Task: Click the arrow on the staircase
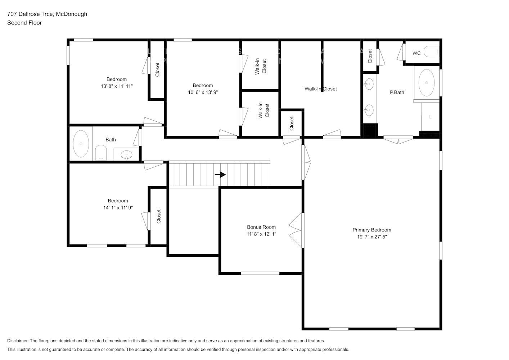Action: click(220, 175)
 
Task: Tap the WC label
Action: click(416, 53)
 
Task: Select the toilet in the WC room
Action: click(431, 51)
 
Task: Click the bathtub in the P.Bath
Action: click(427, 83)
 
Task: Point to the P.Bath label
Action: click(397, 93)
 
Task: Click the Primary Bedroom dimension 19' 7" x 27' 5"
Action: click(371, 237)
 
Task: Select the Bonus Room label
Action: click(261, 227)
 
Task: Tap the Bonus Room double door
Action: click(297, 230)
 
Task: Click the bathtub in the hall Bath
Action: click(81, 144)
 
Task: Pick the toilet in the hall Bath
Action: click(101, 153)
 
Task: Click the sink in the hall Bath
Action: click(126, 155)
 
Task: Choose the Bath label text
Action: click(111, 140)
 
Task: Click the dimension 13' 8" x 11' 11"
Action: click(117, 86)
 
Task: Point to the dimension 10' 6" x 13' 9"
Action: click(203, 92)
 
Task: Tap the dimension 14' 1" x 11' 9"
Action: click(118, 208)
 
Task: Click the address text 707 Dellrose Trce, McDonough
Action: click(47, 14)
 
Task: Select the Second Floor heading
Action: click(24, 23)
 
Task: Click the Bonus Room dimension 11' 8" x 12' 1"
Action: click(261, 234)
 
